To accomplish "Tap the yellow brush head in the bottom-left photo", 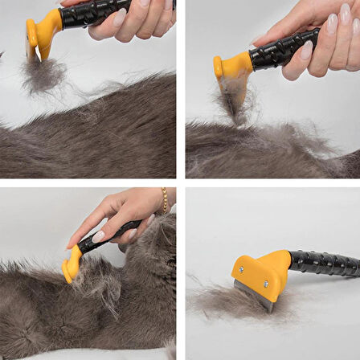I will pos(72,266).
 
